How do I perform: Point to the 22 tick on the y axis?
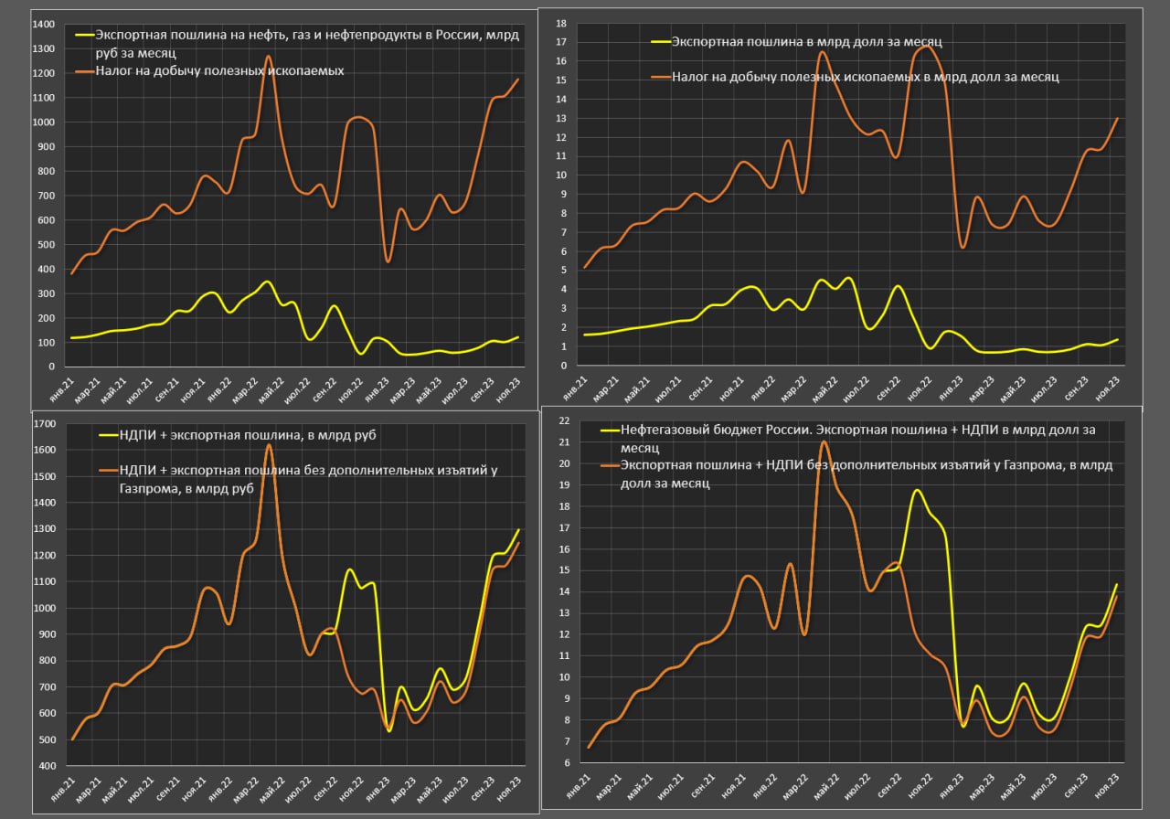[563, 420]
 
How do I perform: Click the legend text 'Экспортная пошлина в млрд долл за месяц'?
[806, 41]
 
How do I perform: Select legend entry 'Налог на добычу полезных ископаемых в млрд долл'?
[865, 78]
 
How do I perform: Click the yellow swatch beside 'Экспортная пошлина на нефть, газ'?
[85, 35]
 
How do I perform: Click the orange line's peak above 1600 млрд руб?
[269, 445]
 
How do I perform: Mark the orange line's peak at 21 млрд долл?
[824, 441]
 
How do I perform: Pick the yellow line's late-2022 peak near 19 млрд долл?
[917, 491]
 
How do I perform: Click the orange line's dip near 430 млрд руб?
[388, 261]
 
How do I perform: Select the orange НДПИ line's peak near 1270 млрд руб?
[268, 57]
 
